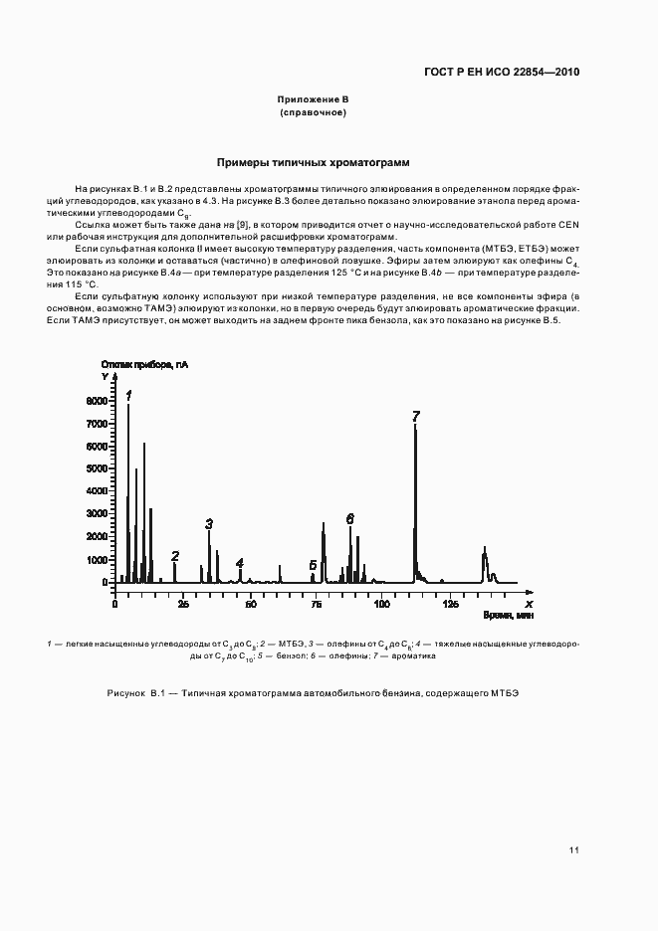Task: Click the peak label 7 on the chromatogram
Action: (x=416, y=417)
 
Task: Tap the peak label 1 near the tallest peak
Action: (x=128, y=395)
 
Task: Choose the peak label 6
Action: (x=350, y=518)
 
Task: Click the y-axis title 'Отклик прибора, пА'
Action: (x=143, y=365)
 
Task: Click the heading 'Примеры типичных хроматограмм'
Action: (x=314, y=162)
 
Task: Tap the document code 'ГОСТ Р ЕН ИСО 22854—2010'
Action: (x=502, y=72)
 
